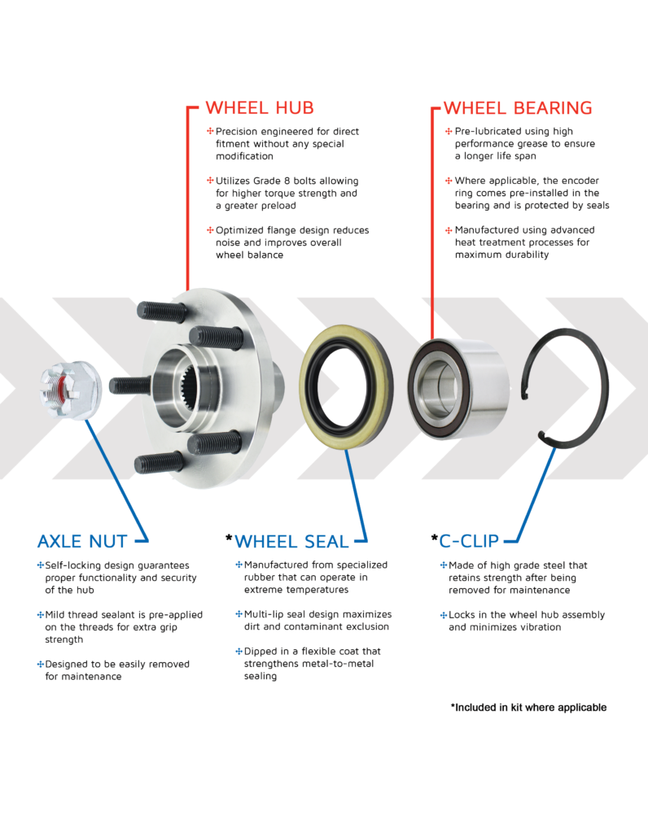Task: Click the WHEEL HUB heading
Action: [259, 108]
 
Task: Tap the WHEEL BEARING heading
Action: [517, 108]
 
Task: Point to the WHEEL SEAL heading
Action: [291, 541]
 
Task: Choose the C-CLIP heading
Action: [469, 540]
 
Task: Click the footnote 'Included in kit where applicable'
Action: [528, 708]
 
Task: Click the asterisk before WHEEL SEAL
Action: [229, 539]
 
